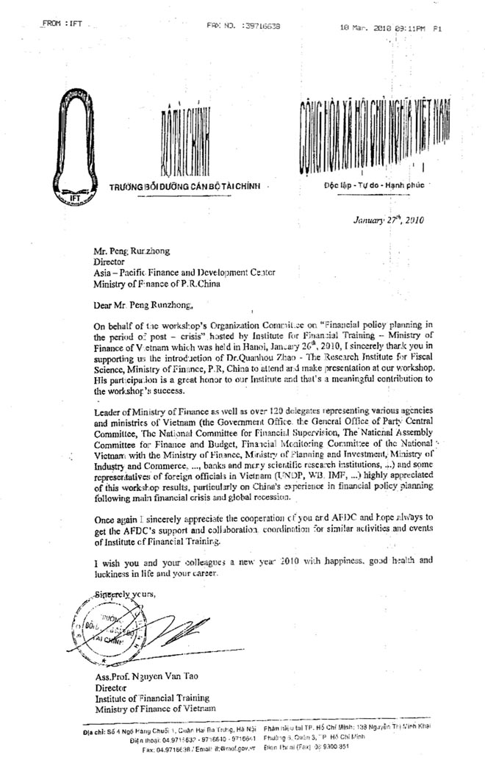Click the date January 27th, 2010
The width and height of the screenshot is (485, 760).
[x=389, y=218]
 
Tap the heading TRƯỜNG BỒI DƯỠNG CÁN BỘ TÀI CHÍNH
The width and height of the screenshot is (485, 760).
[x=186, y=185]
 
